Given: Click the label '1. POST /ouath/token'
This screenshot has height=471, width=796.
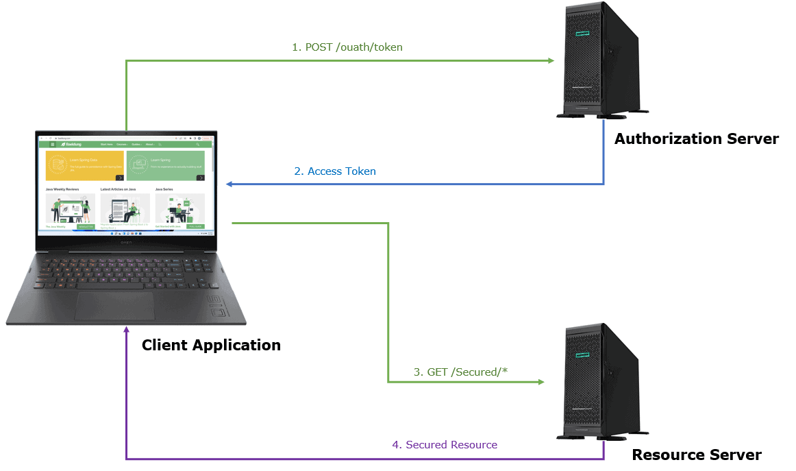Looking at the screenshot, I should point(347,47).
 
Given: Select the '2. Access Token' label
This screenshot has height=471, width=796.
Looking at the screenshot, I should point(335,171).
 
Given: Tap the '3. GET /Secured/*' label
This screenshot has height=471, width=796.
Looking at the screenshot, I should point(460,372).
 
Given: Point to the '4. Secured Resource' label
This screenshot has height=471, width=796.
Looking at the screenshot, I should point(445,445).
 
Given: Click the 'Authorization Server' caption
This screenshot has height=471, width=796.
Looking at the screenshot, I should point(696,139).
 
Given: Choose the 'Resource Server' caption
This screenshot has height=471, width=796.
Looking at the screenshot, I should point(696,455).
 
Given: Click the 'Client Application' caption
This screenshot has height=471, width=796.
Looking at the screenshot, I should point(211,345).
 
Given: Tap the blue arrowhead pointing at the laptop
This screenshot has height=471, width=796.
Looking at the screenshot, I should point(230,184).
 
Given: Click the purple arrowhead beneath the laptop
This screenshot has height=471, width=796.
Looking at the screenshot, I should point(126,330).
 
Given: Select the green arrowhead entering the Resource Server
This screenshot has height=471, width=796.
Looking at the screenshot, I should point(540,382).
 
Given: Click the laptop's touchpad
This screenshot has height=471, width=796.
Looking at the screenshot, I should point(114,306).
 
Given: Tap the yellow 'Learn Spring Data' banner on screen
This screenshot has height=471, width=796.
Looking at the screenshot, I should point(85,166).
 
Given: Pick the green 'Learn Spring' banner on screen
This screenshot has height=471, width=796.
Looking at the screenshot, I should point(165,166).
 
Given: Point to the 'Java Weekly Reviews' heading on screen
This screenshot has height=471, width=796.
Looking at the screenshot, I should point(62,189).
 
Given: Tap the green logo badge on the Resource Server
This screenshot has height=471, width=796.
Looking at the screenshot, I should point(583,353).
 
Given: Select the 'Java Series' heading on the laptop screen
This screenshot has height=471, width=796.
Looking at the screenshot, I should point(164,189).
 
